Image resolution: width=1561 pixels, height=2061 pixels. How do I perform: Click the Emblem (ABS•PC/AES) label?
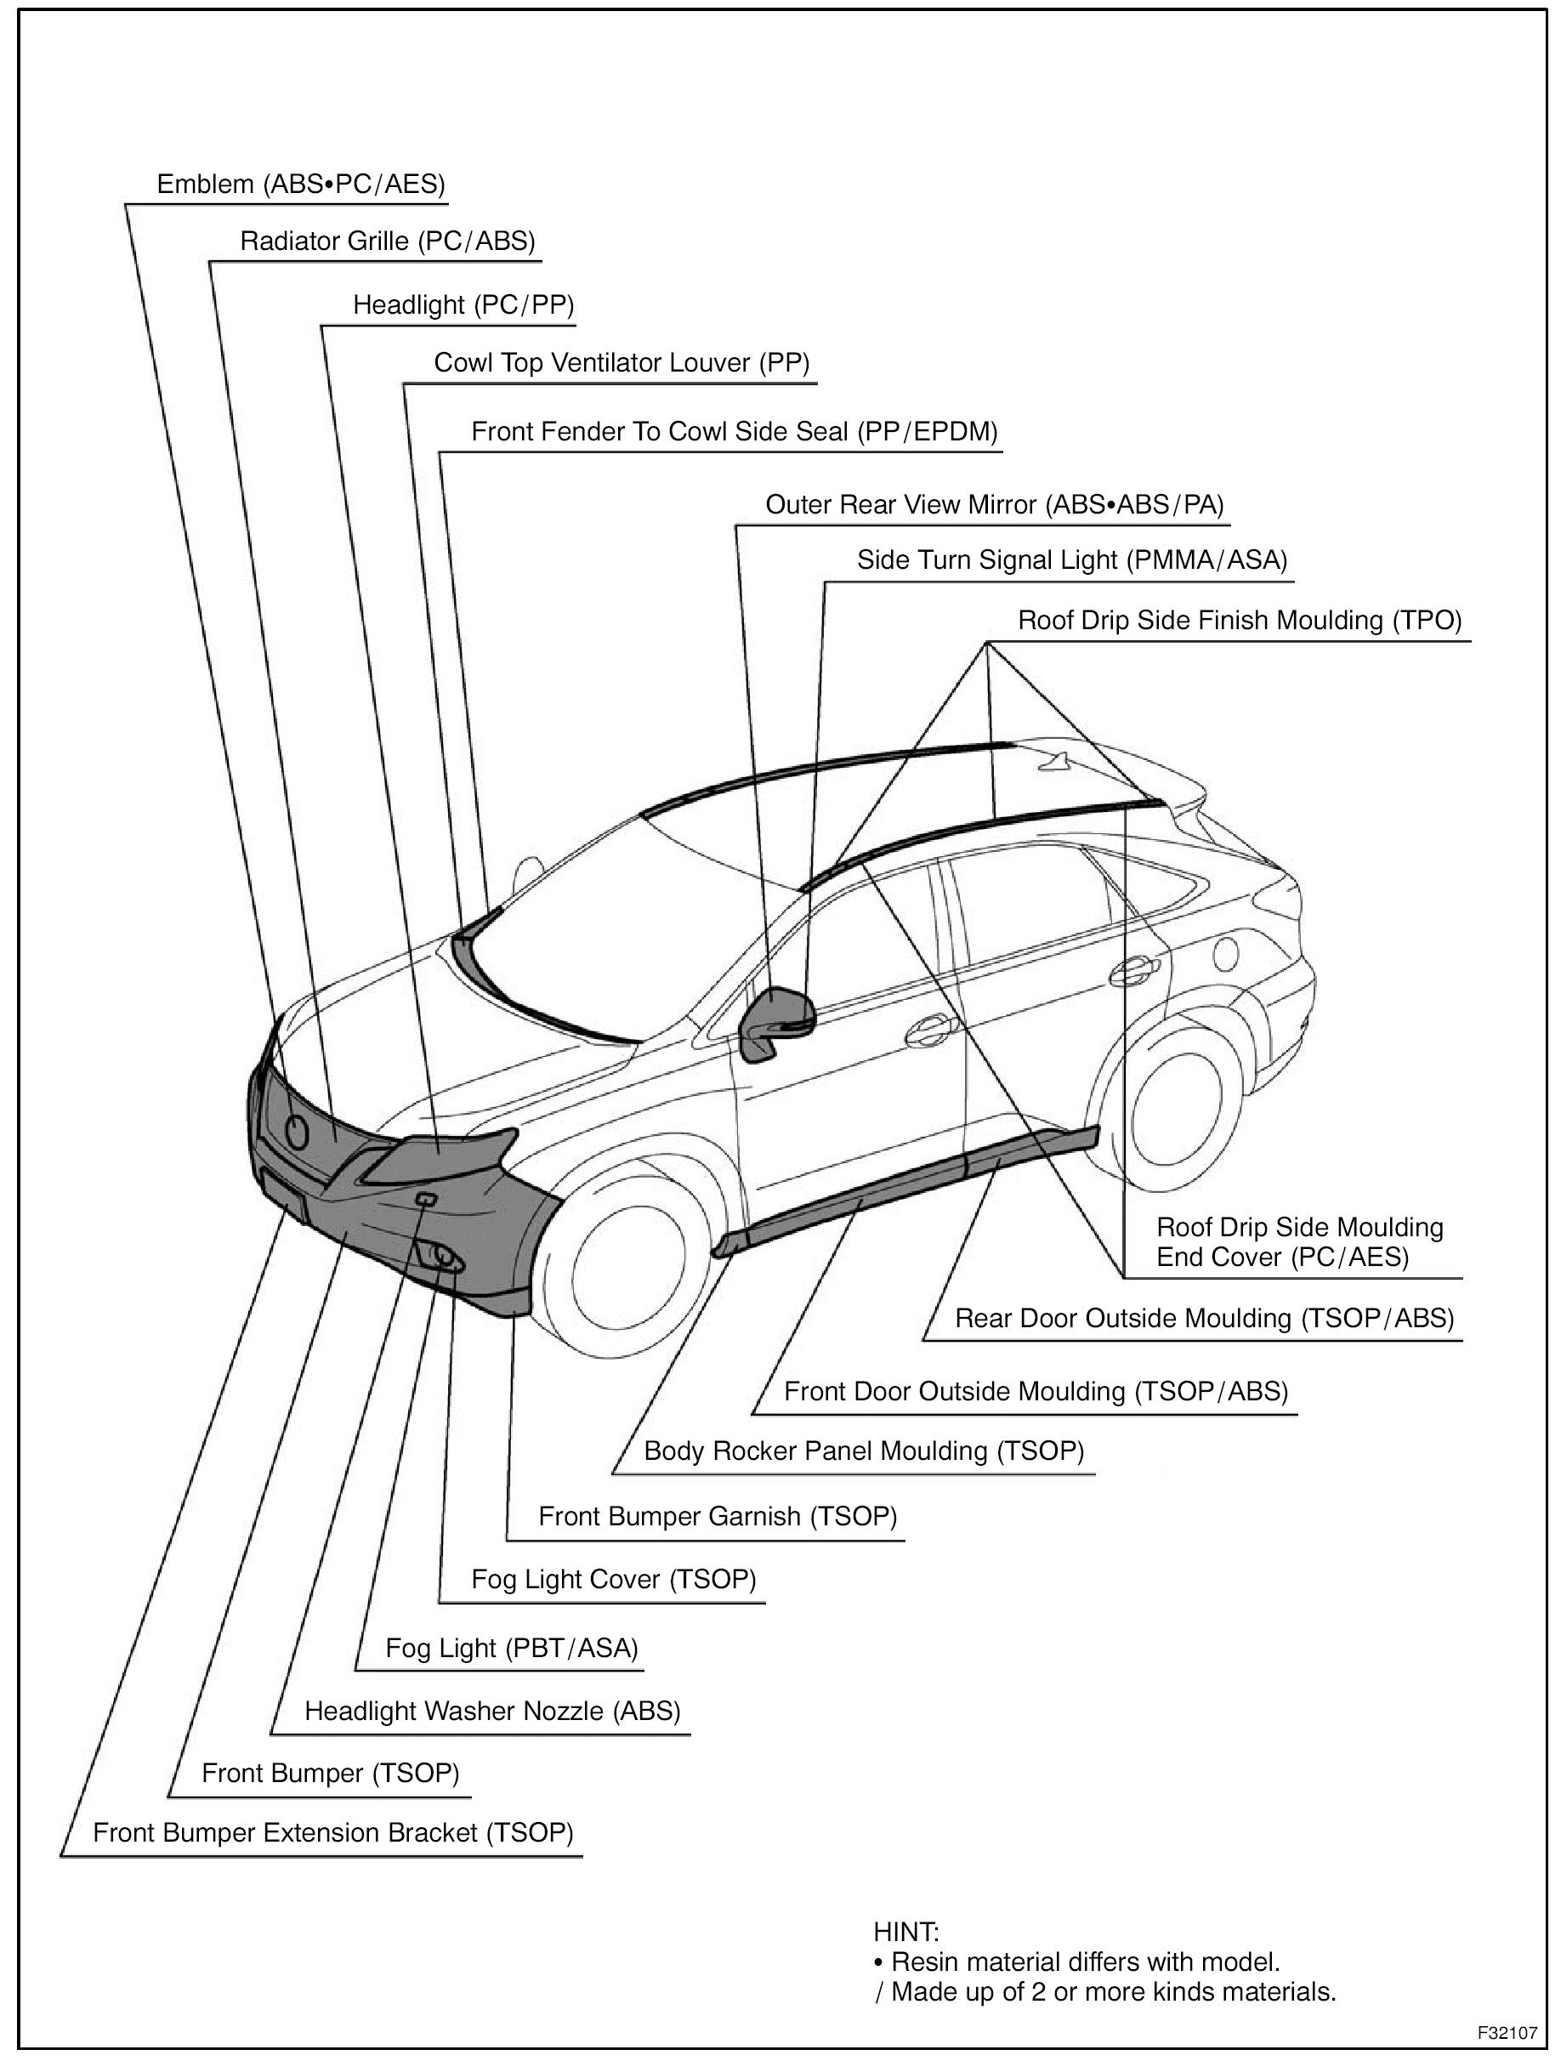pyautogui.click(x=300, y=185)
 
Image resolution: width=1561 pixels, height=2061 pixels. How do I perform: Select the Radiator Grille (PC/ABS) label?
pyautogui.click(x=388, y=242)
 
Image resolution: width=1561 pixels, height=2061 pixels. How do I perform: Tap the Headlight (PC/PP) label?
pyautogui.click(x=463, y=305)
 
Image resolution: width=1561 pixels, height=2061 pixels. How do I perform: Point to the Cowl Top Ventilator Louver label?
pyautogui.click(x=622, y=363)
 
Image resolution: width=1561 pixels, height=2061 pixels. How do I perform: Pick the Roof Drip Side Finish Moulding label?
pyautogui.click(x=1240, y=621)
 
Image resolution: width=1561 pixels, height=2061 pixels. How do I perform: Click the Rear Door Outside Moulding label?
pyautogui.click(x=1204, y=1319)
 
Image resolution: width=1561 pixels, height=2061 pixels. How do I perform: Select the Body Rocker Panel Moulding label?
pyautogui.click(x=864, y=1451)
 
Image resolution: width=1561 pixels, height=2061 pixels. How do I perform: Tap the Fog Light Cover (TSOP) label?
pyautogui.click(x=613, y=1579)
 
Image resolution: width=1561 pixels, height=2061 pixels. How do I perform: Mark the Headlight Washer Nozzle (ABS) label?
pyautogui.click(x=492, y=1711)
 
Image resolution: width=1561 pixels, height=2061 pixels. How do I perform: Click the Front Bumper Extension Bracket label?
pyautogui.click(x=332, y=1833)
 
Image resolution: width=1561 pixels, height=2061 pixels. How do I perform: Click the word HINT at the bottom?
pyautogui.click(x=905, y=1932)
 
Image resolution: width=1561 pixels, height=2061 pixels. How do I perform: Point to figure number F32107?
pyautogui.click(x=1506, y=2031)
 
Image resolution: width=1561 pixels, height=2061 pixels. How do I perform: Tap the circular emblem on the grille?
pyautogui.click(x=298, y=1131)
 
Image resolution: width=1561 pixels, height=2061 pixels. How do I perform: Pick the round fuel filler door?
pyautogui.click(x=1225, y=953)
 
